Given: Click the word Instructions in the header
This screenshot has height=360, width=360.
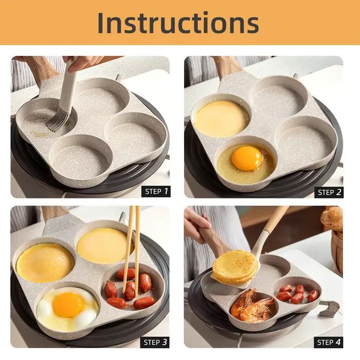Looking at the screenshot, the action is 178,23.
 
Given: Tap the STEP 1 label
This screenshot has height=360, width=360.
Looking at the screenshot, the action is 156,191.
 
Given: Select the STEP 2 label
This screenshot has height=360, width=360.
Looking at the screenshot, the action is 329,192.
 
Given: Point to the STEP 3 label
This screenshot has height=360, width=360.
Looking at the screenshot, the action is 155,343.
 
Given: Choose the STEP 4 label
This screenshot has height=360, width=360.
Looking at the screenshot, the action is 329,343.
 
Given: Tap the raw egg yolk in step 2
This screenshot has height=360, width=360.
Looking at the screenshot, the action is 246,158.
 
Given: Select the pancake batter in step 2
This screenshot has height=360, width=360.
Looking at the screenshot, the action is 221,119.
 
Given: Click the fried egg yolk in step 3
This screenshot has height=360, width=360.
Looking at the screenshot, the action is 68,305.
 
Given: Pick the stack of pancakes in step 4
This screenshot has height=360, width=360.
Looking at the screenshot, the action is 236,266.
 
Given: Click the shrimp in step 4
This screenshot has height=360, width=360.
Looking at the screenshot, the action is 251,305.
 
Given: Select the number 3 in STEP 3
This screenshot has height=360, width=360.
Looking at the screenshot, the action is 165,342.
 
